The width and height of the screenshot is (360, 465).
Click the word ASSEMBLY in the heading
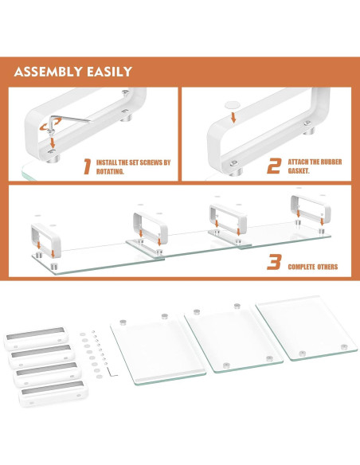point(48,72)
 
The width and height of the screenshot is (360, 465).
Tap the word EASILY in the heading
point(109,72)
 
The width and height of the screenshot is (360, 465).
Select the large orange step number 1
point(87,166)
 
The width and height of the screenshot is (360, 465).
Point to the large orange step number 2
point(274,166)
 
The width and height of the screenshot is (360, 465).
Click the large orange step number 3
point(274,262)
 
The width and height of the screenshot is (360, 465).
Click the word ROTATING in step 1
point(110,171)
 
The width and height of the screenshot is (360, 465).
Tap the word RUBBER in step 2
point(331,162)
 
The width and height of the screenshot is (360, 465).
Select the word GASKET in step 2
point(299,171)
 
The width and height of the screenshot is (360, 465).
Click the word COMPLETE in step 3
point(301,267)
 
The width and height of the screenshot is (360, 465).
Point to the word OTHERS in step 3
point(327,267)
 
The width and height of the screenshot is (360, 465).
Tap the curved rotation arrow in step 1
point(50,124)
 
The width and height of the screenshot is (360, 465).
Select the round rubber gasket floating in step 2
point(233,104)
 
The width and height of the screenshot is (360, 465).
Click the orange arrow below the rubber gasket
point(233,117)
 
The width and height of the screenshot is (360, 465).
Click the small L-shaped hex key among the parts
point(112,372)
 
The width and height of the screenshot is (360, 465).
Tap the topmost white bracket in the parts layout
point(36,338)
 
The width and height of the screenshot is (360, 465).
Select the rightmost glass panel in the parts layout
point(307,328)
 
